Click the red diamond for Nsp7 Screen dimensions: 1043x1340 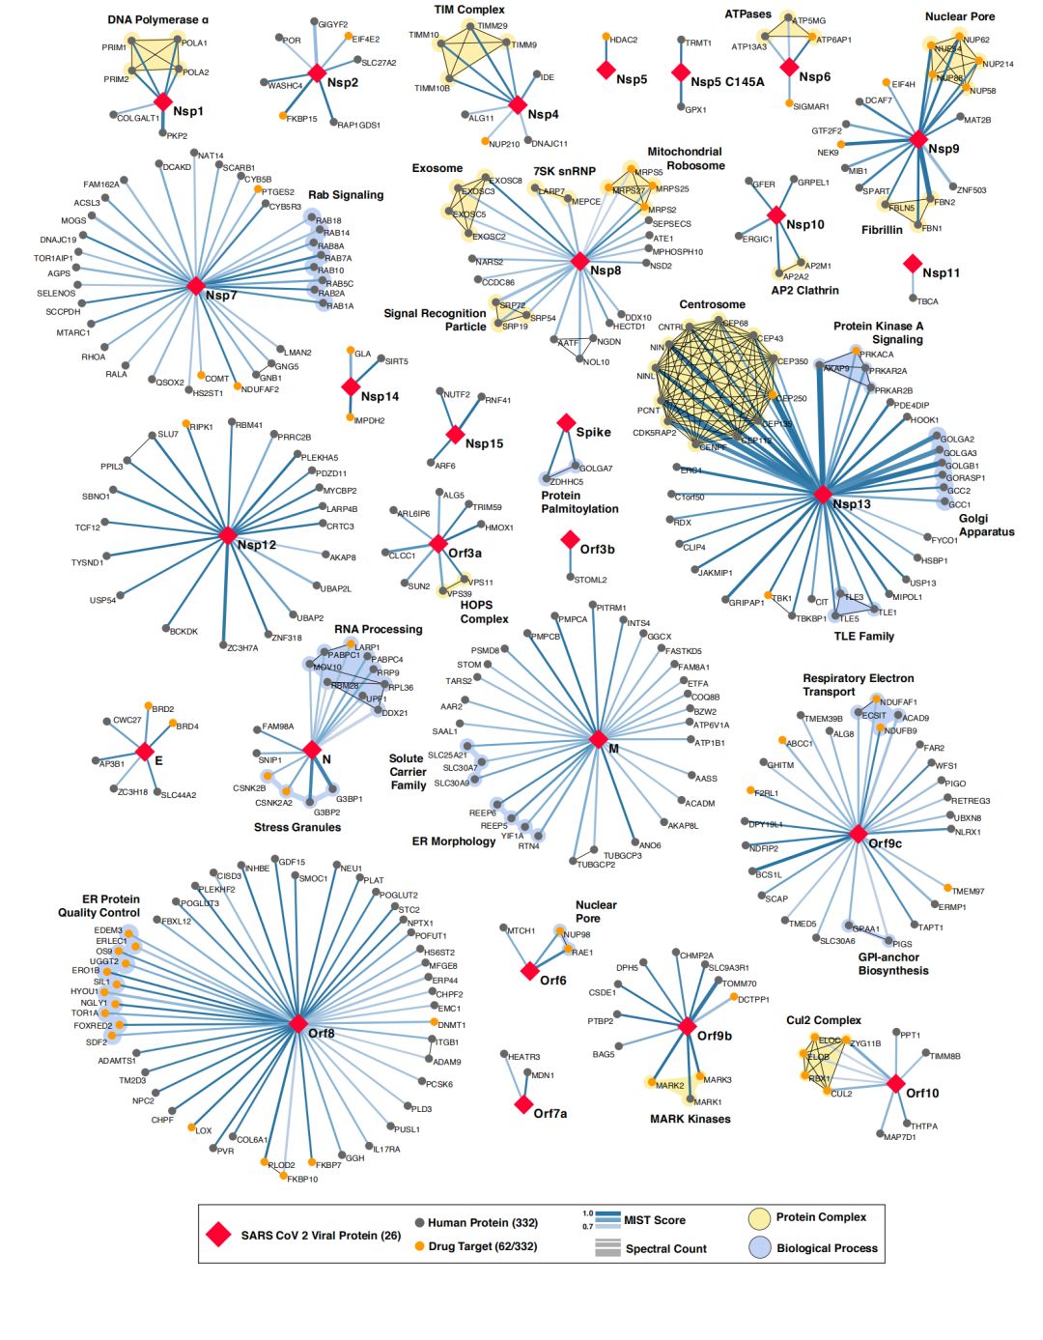(x=196, y=286)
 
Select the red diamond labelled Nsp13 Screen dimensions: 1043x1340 (x=822, y=495)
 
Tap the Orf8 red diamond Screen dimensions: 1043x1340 (x=298, y=1023)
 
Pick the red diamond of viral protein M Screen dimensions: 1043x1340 (x=599, y=739)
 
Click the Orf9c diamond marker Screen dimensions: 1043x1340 (x=858, y=834)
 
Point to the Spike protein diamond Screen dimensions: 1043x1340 (x=567, y=422)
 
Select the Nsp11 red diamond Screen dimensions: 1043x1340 (x=912, y=263)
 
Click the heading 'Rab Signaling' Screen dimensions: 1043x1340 (x=346, y=195)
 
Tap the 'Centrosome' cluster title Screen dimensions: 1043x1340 (x=712, y=304)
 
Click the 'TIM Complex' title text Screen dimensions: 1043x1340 (x=469, y=10)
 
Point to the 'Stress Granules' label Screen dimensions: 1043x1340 (x=297, y=827)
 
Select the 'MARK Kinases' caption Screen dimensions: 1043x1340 (x=690, y=1119)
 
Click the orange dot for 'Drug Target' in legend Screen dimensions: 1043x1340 (x=419, y=1246)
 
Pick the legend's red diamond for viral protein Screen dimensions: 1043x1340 (x=219, y=1235)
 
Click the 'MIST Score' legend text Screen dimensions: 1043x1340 (x=654, y=1220)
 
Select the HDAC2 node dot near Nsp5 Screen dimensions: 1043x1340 (x=606, y=38)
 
